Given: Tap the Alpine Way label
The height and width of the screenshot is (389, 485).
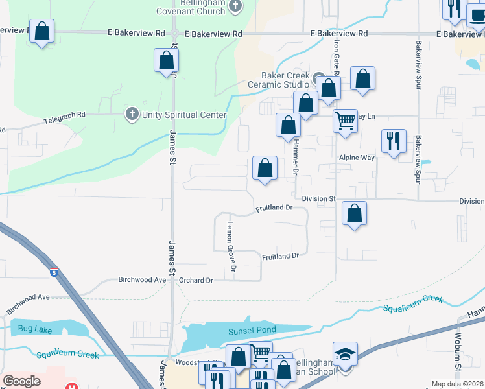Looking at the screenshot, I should tap(357, 158).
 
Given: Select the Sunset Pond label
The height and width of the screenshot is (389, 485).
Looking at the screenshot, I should tap(252, 330).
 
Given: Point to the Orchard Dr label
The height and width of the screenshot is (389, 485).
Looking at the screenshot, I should tap(196, 281).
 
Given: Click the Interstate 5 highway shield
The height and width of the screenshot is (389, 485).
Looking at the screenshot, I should tap(54, 273).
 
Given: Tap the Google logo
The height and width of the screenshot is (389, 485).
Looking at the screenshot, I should tap(21, 381).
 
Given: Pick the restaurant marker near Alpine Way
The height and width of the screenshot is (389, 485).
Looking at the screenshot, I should tap(393, 141).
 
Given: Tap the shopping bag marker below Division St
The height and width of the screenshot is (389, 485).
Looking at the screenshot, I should tap(354, 213).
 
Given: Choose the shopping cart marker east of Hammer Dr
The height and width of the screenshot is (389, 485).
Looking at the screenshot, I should tap(345, 120).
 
